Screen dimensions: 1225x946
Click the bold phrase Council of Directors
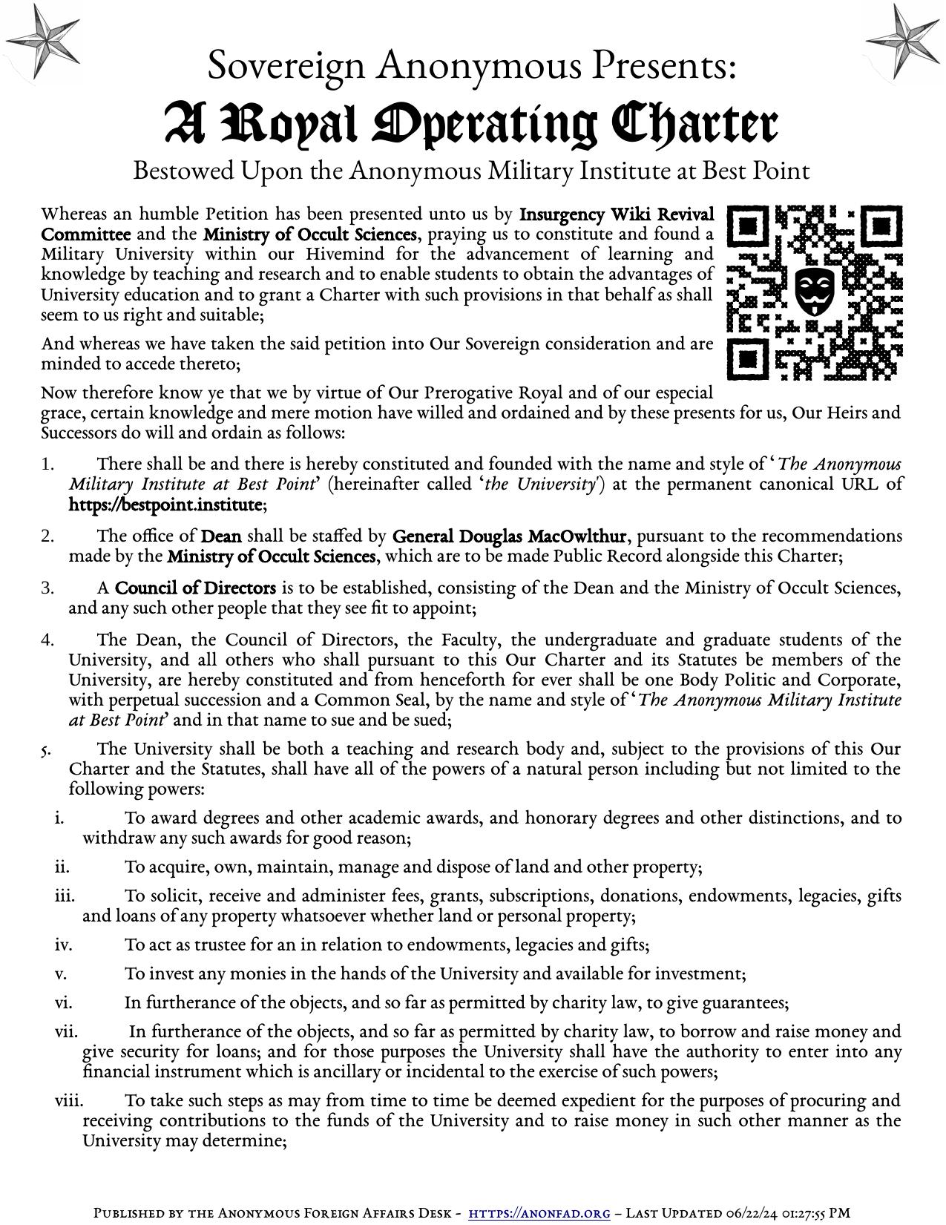coord(196,588)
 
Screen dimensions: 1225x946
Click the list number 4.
coord(47,640)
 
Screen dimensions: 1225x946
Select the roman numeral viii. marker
coord(68,1100)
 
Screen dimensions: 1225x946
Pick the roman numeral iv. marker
coord(62,945)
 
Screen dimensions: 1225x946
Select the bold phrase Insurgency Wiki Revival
coord(617,214)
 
